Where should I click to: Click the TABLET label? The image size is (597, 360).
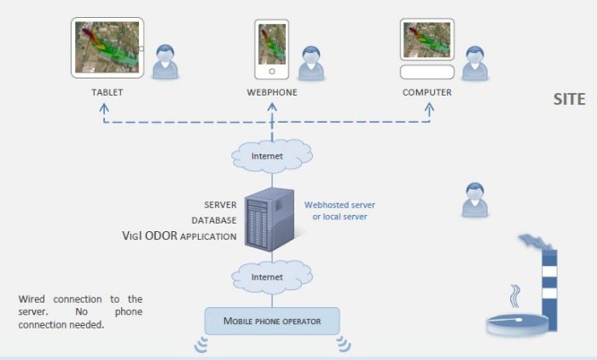[x=107, y=91]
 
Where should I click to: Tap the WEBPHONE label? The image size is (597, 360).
[x=272, y=91]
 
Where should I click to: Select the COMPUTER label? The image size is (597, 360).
[x=427, y=91]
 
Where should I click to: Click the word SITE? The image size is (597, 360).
[x=569, y=99]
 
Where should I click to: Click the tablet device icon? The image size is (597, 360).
[x=107, y=47]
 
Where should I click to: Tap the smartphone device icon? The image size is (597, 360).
[x=272, y=49]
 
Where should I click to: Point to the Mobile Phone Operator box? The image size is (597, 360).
[x=272, y=321]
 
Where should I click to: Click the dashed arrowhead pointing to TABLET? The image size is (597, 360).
[x=104, y=108]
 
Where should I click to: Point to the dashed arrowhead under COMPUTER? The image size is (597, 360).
[x=428, y=108]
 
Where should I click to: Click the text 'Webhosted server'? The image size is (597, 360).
[x=339, y=205]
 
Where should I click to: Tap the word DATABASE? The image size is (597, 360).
[x=213, y=220]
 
